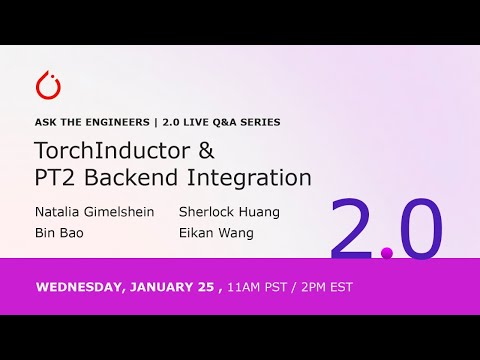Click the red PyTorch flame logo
pyautogui.click(x=47, y=86)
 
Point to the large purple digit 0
pyautogui.click(x=416, y=230)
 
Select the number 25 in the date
pyautogui.click(x=203, y=287)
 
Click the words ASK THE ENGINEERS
pyautogui.click(x=86, y=122)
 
